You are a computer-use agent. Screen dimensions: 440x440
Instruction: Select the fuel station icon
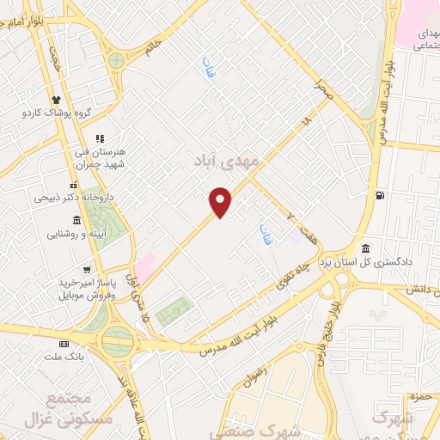pyautogui.click(x=379, y=195)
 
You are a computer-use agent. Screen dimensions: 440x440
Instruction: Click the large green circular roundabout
pyautogui.click(x=116, y=342)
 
